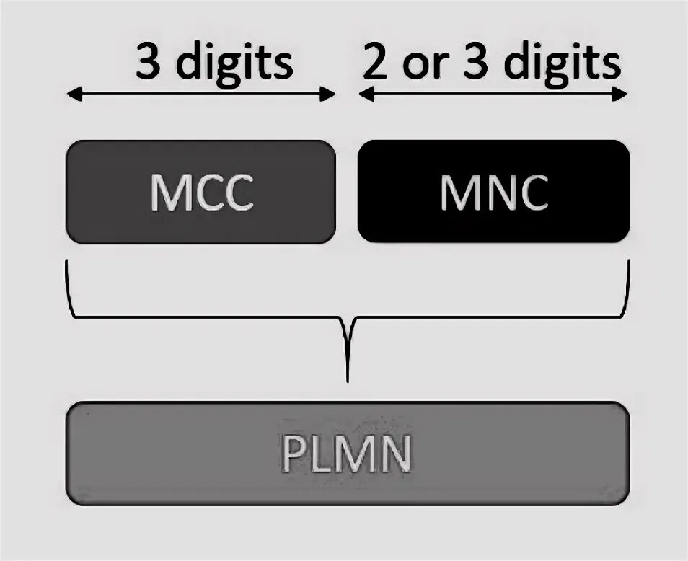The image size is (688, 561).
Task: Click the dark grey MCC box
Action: point(200,191)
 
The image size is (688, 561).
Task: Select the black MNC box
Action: point(493,191)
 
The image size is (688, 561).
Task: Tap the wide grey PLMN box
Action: point(348,454)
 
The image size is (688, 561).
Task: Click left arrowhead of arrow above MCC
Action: point(71,94)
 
